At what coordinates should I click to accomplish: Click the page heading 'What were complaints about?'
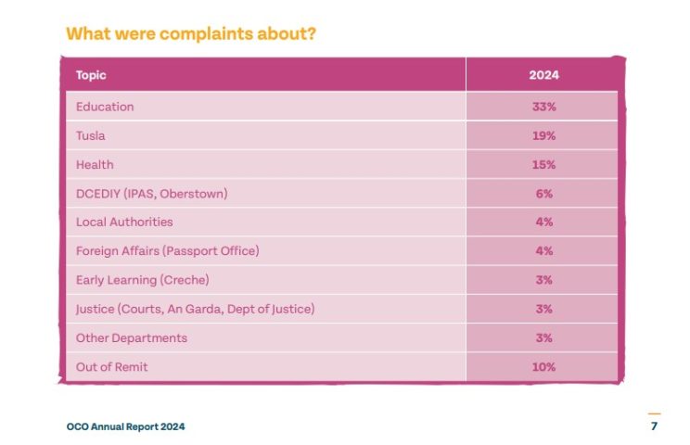pos(190,33)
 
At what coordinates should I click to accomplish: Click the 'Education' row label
pos(105,107)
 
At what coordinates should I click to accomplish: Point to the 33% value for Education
pos(543,107)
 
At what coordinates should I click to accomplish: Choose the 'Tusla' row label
pos(91,135)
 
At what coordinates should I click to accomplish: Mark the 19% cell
pos(543,135)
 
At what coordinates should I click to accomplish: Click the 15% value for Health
pos(543,164)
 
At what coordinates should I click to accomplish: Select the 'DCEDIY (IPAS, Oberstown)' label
pos(151,194)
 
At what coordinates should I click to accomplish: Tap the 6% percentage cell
pos(543,194)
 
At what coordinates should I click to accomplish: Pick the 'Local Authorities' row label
pos(124,222)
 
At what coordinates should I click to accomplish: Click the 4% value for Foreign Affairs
pos(543,251)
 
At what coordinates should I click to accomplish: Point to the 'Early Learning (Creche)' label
pos(142,280)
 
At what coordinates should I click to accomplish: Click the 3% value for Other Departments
pos(543,337)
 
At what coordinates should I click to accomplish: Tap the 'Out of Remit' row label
pos(111,367)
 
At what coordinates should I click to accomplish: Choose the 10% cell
pos(543,367)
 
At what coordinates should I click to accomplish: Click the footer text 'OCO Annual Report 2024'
pos(125,426)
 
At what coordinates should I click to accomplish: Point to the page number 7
pos(654,426)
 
